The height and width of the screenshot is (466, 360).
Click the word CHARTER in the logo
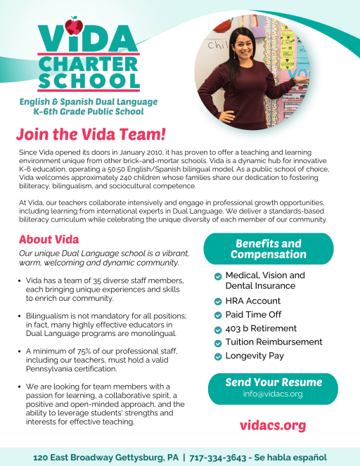click(89, 62)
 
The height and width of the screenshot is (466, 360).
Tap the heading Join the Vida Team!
click(91, 134)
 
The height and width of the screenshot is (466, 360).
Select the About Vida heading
click(49, 239)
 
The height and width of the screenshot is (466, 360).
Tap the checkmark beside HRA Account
click(218, 302)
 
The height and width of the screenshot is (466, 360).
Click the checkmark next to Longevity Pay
click(218, 356)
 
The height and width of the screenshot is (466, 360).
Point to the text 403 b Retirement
click(261, 328)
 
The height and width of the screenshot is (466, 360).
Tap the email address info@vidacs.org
click(273, 394)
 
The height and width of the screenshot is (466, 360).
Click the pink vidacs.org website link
click(273, 425)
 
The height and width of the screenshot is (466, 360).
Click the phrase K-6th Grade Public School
click(89, 112)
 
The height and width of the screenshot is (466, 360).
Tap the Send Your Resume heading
click(273, 382)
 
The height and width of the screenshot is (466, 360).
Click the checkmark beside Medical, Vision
click(218, 276)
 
